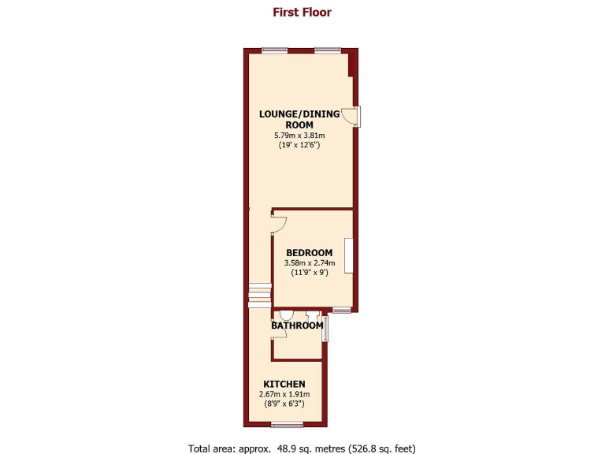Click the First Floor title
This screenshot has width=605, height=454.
[302, 12]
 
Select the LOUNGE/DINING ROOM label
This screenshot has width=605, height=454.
[299, 119]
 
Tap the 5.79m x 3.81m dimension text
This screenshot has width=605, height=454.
[299, 136]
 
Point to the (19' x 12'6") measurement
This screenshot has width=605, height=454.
[299, 146]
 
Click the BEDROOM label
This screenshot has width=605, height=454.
[310, 252]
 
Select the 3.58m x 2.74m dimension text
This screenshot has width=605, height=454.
[310, 262]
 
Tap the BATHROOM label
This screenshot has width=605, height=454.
[297, 326]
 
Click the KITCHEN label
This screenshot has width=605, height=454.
[284, 384]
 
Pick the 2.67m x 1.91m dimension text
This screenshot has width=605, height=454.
[284, 394]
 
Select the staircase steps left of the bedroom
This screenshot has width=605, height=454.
[260, 295]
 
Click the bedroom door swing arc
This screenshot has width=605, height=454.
[279, 223]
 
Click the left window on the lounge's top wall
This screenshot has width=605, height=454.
[274, 51]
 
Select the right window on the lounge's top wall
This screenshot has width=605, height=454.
[327, 51]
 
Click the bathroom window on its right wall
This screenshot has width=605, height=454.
[325, 329]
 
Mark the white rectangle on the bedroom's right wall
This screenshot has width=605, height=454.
[348, 256]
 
